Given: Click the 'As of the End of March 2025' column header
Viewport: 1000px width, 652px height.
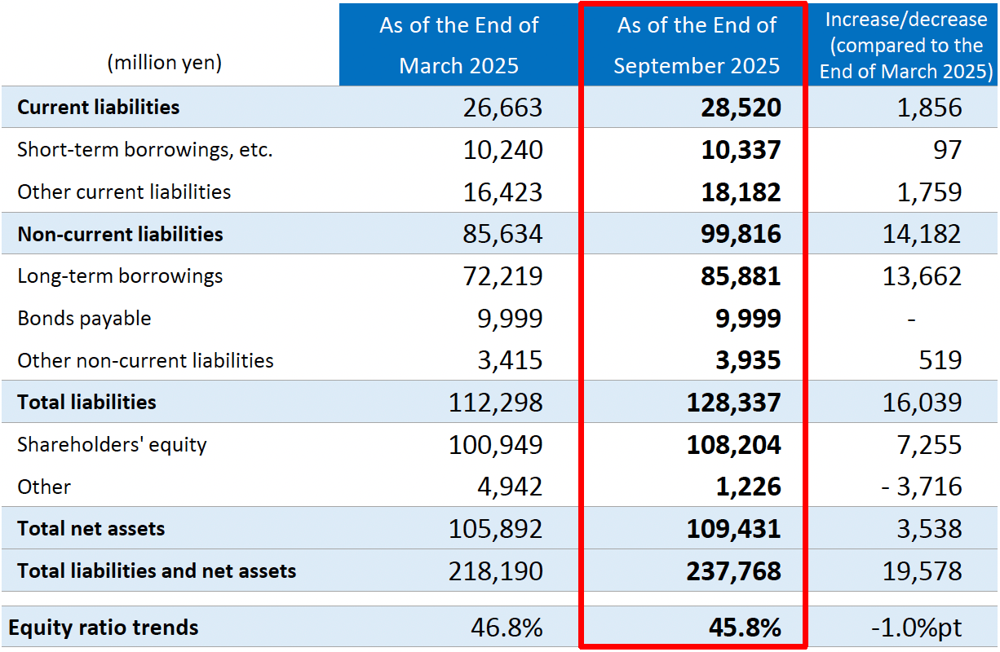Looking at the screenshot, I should [458, 45].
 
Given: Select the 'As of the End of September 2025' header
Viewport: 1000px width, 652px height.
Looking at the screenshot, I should [697, 45].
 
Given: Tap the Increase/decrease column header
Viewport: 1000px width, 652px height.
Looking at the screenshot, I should [905, 45].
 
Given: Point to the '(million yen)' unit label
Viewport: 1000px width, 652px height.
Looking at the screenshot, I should [165, 63].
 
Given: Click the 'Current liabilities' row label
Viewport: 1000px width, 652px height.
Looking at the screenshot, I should [99, 107].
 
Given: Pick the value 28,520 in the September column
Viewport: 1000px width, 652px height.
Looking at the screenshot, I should [741, 108].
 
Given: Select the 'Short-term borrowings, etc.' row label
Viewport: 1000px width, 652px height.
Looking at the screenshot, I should [145, 150].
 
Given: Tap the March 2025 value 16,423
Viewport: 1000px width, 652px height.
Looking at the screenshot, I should [496, 192].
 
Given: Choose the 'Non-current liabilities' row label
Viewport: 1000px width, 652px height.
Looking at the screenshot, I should [120, 234].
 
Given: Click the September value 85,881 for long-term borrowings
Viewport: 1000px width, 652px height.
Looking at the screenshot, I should [741, 276].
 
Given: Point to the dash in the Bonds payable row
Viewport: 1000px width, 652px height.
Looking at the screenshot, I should [911, 319].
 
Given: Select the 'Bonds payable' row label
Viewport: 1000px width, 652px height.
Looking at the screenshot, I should [84, 318].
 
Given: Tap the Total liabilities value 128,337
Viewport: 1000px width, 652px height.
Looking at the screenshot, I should [734, 403].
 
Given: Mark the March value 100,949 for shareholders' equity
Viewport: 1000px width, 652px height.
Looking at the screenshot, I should [496, 445].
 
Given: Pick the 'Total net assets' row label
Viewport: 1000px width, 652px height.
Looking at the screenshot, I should [91, 528].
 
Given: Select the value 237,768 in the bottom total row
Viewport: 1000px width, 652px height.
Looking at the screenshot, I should [734, 570].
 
